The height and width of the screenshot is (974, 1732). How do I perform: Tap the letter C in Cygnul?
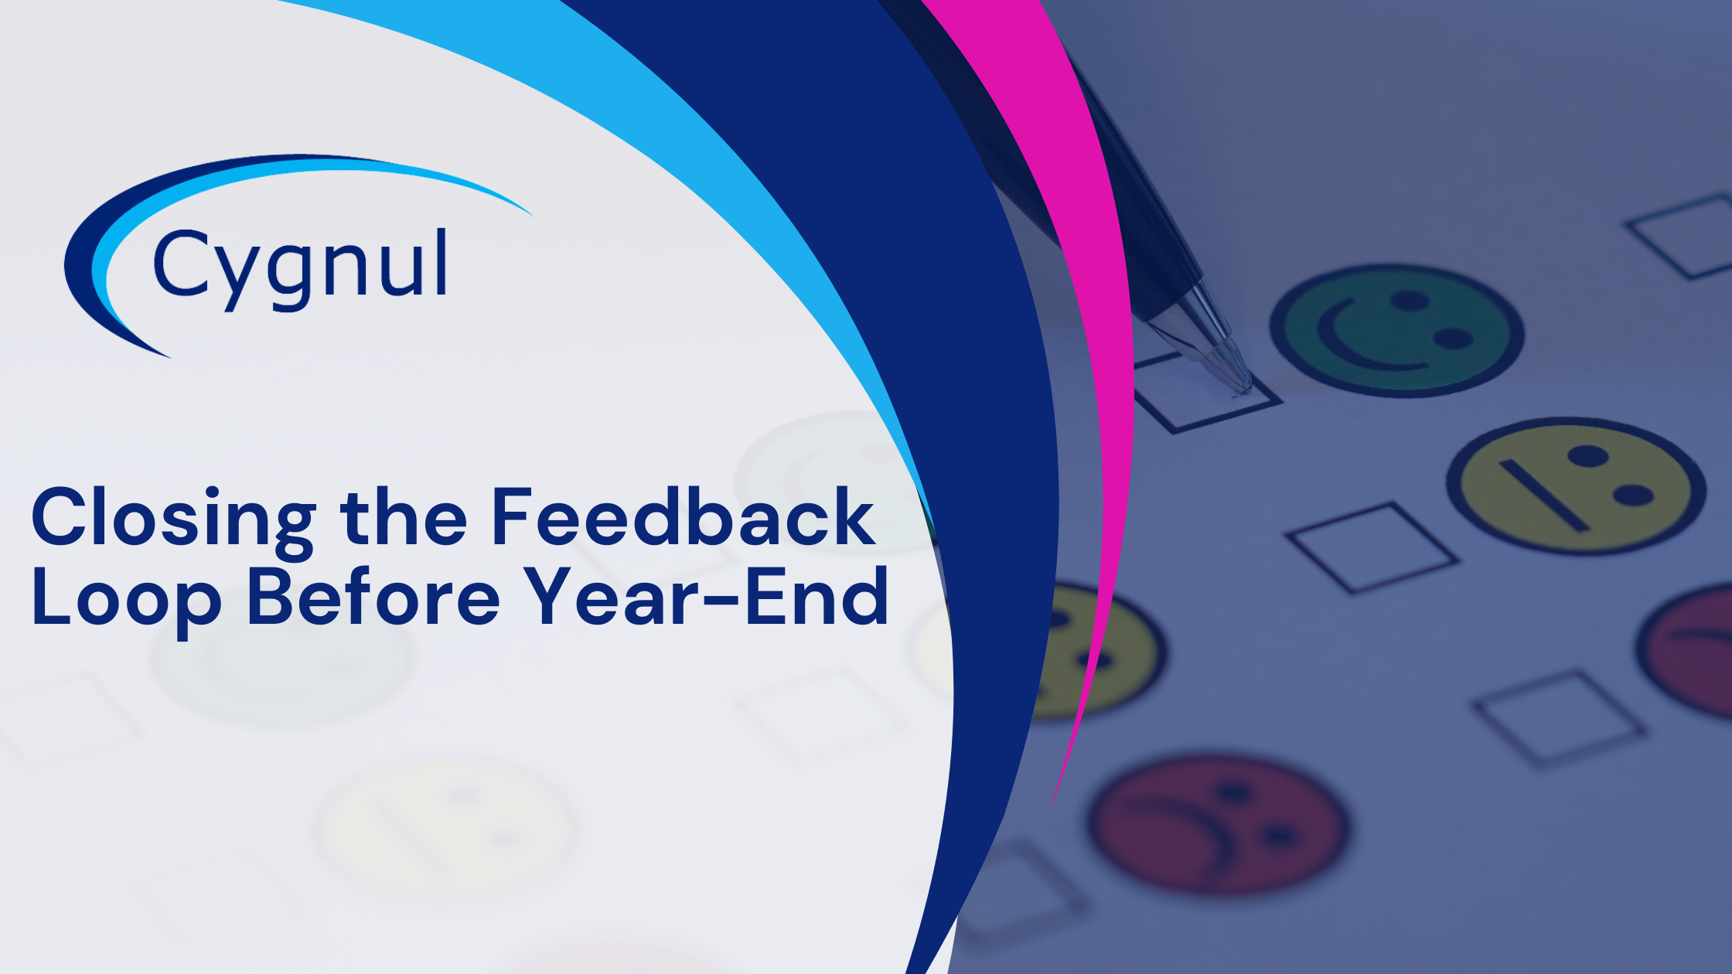pos(179,263)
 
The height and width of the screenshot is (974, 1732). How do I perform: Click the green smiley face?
pos(1396,330)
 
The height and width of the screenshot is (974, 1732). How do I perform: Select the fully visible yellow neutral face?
pos(1576,485)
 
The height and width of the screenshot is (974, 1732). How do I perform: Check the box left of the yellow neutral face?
pos(1371,547)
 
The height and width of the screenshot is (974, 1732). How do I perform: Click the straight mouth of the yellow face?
pos(1543,496)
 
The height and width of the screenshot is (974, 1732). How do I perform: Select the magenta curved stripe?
pos(1098,309)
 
